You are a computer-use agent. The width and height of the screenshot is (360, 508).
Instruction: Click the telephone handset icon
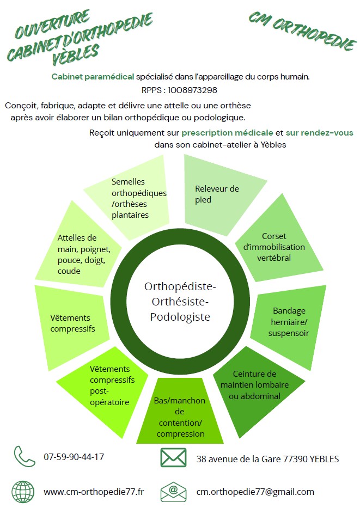25,457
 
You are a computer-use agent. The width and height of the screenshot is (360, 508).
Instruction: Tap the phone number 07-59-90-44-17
74,457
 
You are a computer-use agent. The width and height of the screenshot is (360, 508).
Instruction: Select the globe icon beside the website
23,492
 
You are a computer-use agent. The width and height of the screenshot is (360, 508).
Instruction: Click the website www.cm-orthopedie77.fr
94,492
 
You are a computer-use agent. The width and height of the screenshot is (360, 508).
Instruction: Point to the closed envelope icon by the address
173,457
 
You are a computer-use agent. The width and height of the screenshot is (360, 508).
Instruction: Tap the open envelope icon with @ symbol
173,491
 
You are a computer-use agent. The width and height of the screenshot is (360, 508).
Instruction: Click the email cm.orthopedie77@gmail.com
255,492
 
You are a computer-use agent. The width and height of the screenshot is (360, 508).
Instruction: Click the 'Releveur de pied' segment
217,194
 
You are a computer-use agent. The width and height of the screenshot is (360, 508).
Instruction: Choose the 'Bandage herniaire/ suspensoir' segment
291,321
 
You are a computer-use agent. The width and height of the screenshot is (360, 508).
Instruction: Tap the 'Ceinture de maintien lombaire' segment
255,384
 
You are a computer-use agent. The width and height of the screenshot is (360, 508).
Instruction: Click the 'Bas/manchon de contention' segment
180,417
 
